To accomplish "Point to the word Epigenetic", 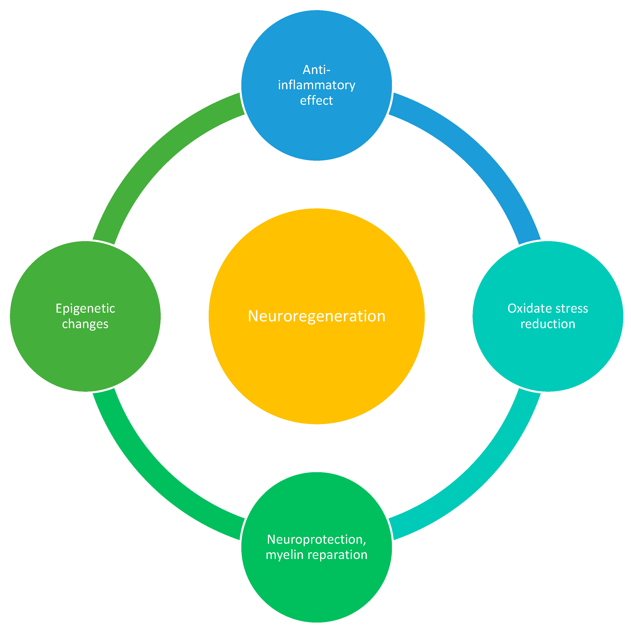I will point(86,309).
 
